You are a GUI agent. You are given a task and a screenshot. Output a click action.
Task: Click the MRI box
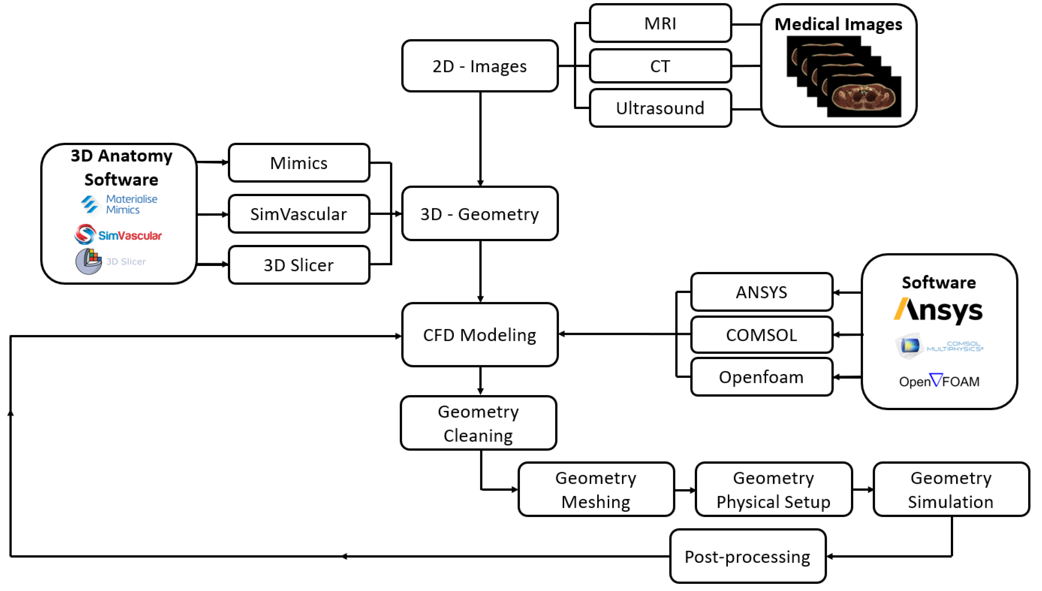(660, 23)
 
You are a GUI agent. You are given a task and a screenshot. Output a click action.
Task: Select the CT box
(660, 66)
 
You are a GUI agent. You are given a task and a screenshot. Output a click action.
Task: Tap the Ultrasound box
(660, 108)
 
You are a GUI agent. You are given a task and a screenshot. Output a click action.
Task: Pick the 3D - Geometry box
(480, 214)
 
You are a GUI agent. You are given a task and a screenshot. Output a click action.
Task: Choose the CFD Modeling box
(480, 335)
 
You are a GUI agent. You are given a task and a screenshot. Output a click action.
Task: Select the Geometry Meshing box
(596, 490)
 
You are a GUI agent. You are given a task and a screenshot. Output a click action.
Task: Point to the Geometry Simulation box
(950, 490)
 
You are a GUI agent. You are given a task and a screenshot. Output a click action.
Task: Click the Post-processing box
(747, 557)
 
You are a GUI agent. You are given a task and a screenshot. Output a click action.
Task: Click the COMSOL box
(761, 335)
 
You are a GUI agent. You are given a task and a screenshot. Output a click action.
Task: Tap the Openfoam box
(761, 377)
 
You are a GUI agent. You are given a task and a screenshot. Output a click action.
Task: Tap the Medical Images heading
(838, 24)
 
